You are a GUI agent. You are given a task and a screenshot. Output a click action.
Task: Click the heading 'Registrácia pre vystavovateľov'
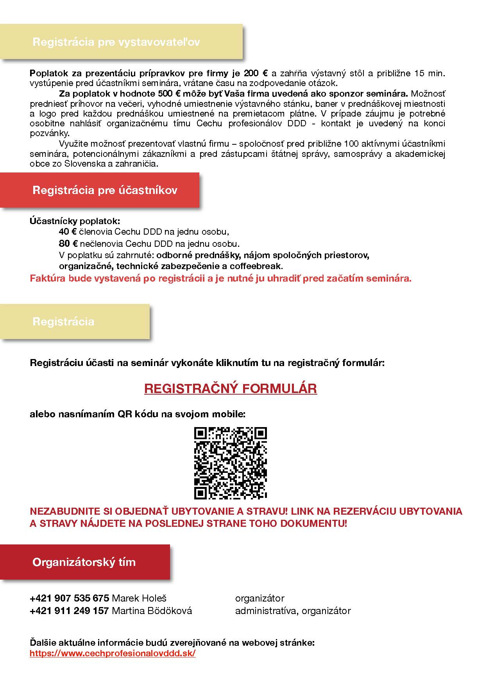click(x=116, y=42)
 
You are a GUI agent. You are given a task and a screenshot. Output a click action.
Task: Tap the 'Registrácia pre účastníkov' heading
click(x=105, y=190)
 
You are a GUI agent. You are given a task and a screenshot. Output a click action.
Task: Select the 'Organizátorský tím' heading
click(x=84, y=562)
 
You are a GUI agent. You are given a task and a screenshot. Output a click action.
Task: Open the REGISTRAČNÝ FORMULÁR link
click(x=230, y=389)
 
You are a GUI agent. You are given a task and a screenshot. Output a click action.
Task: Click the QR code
click(x=230, y=463)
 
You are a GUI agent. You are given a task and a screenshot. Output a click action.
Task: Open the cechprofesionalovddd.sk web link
click(x=113, y=654)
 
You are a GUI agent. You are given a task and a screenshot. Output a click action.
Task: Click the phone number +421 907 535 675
click(x=69, y=598)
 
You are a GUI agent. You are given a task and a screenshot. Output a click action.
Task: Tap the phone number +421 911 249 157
click(x=69, y=611)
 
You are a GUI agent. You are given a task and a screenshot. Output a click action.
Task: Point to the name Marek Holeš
click(x=139, y=598)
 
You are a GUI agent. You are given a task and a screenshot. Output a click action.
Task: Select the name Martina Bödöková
click(x=152, y=611)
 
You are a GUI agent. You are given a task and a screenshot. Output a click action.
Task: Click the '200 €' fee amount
click(x=256, y=73)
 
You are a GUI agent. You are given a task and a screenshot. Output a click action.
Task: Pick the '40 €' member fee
click(x=67, y=232)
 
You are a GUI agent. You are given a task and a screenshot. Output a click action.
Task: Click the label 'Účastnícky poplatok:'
click(x=75, y=221)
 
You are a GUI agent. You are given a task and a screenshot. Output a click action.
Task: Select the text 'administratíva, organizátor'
click(x=293, y=611)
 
